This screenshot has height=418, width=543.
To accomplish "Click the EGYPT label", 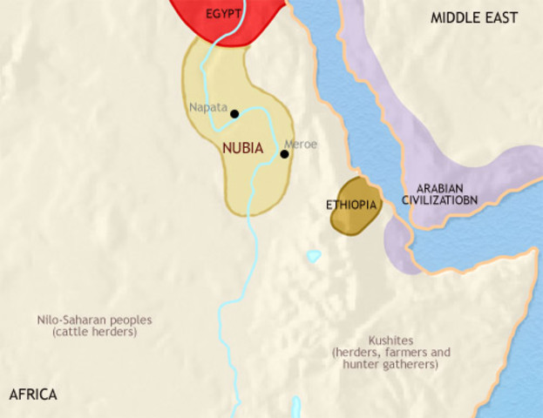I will [x=224, y=15].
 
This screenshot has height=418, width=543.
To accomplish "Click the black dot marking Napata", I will [x=234, y=113].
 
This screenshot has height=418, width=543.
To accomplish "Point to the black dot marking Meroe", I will [x=284, y=154].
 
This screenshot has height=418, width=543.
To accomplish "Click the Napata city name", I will [x=207, y=109].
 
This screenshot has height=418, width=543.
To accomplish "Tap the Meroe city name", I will [x=301, y=144].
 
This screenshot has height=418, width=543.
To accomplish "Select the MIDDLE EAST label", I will [x=474, y=17].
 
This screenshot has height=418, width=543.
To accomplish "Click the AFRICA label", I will [x=33, y=394].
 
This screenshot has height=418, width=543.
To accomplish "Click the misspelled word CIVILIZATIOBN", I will [x=445, y=200].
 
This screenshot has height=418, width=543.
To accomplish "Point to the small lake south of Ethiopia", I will [x=313, y=257].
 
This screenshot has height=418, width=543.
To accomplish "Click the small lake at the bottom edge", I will [x=297, y=407].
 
